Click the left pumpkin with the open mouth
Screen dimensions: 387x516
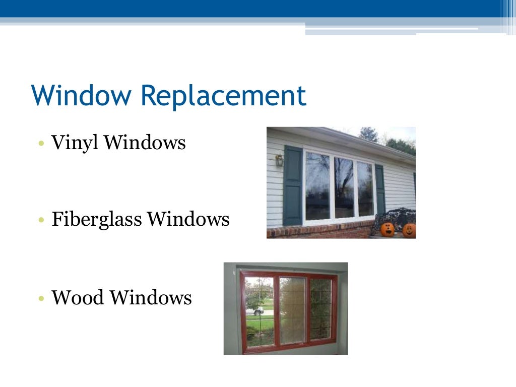click(387, 229)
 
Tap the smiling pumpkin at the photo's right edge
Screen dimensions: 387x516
click(409, 230)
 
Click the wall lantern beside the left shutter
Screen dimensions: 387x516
click(279, 161)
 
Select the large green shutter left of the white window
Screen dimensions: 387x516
click(293, 185)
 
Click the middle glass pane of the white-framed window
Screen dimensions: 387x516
click(344, 187)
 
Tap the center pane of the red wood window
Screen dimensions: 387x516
click(292, 310)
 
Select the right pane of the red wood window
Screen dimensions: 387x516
click(320, 308)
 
